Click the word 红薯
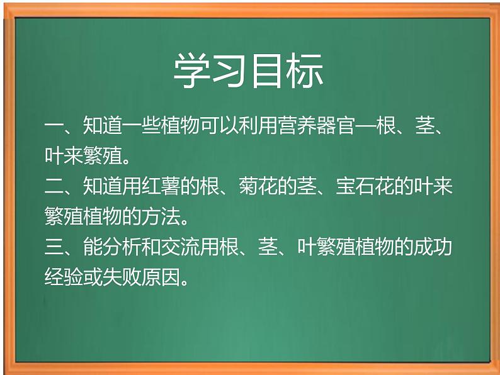pyautogui.click(x=174, y=187)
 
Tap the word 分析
pyautogui.click(x=119, y=248)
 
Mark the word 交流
pyautogui.click(x=174, y=248)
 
